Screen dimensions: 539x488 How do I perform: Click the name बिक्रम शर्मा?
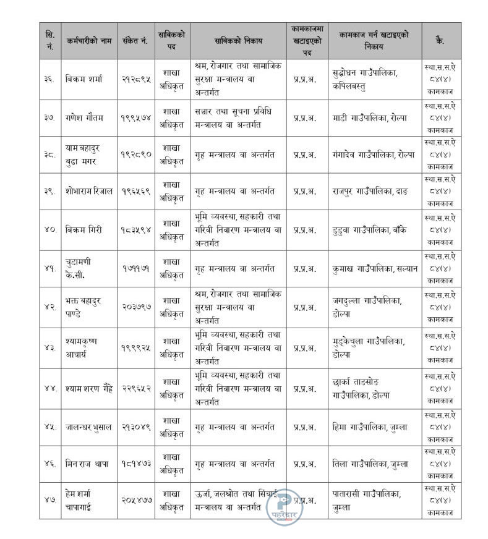pyautogui.click(x=83, y=79)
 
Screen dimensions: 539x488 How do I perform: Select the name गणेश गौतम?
pyautogui.click(x=83, y=116)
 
